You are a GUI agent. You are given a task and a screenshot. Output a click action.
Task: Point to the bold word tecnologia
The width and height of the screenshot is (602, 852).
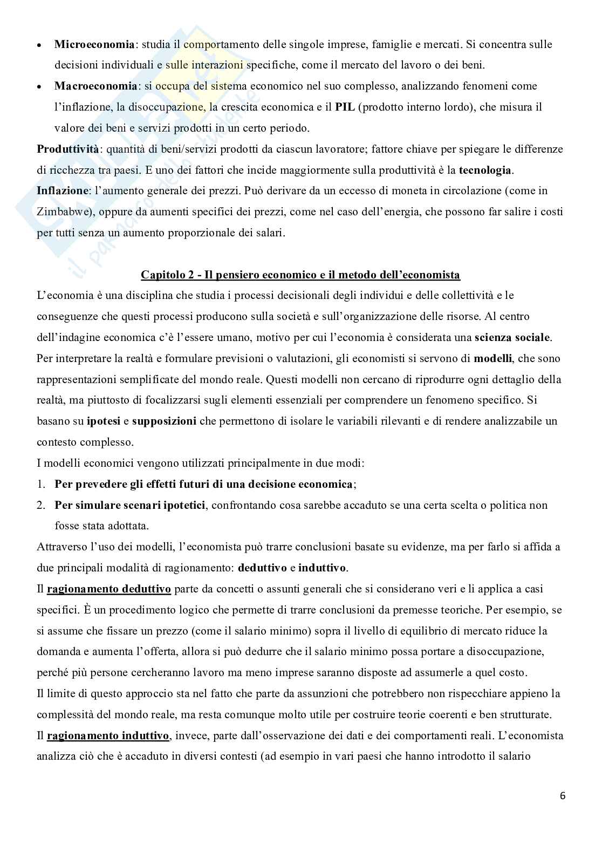(484, 171)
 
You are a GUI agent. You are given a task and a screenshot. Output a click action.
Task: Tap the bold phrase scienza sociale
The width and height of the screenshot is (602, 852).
(512, 338)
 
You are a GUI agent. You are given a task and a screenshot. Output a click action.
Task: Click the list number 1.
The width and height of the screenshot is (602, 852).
(40, 485)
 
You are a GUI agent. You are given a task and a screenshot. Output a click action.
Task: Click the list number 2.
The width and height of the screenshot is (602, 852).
(40, 506)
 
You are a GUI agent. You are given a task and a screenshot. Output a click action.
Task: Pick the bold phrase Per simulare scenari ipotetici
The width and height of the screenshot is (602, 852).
(130, 506)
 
